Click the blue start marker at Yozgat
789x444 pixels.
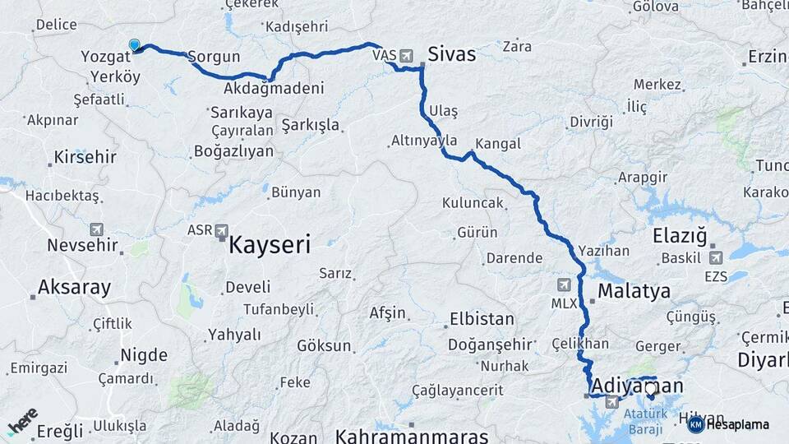click(134, 44)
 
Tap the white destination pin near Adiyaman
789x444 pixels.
click(651, 388)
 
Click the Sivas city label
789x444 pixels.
click(451, 55)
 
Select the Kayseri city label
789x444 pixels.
click(270, 244)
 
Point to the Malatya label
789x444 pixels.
click(634, 291)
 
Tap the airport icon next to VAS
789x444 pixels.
click(406, 55)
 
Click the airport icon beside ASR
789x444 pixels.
click(221, 231)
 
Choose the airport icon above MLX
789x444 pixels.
click(563, 285)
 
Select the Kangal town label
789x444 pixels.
click(498, 144)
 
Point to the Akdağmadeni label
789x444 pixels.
click(273, 88)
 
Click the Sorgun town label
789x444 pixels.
click(214, 58)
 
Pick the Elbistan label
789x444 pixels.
click(482, 319)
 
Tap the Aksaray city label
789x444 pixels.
click(74, 288)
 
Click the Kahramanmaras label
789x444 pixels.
click(412, 435)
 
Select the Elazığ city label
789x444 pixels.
click(680, 237)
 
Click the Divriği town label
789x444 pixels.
click(591, 122)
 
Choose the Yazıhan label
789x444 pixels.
click(603, 250)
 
